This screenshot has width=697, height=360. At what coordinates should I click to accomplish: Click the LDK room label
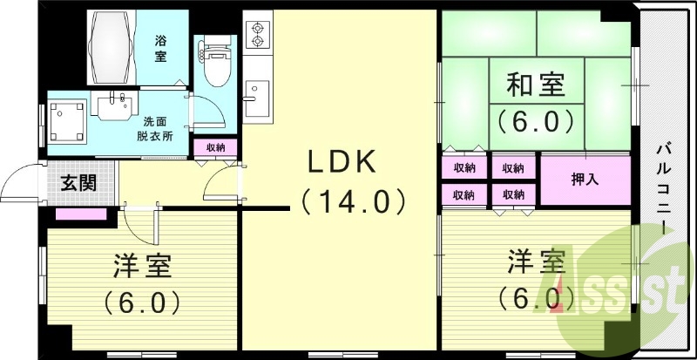pyautogui.click(x=341, y=163)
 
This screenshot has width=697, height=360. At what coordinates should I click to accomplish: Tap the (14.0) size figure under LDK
pyautogui.click(x=353, y=202)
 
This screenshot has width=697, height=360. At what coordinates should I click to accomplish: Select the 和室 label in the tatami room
pyautogui.click(x=535, y=86)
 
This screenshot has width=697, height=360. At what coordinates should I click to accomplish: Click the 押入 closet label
pyautogui.click(x=584, y=180)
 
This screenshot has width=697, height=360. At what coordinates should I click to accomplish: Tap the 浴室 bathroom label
pyautogui.click(x=161, y=48)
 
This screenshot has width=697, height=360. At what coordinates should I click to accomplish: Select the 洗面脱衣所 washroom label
pyautogui.click(x=154, y=129)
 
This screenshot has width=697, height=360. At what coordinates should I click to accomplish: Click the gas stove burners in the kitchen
pyautogui.click(x=258, y=34)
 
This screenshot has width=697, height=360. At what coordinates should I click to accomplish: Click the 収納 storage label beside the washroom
pyautogui.click(x=215, y=147)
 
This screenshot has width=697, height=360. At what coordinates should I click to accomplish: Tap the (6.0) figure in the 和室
pyautogui.click(x=535, y=119)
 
